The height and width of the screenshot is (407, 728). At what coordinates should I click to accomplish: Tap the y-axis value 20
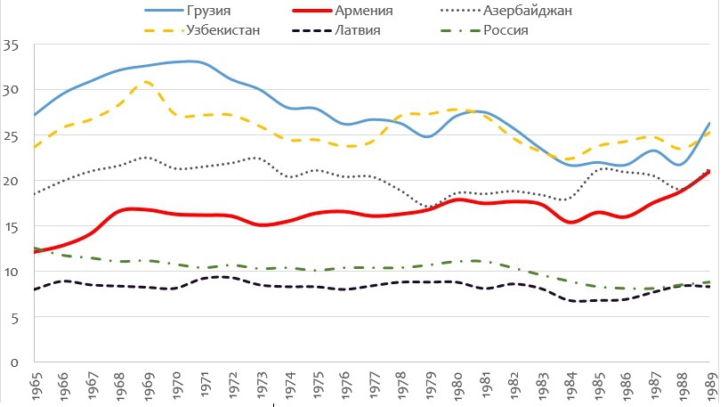[11, 180]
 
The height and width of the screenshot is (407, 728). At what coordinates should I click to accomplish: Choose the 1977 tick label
[374, 384]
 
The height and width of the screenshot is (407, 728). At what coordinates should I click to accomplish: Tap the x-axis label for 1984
[571, 384]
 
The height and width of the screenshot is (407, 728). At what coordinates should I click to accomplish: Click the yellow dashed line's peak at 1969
[148, 82]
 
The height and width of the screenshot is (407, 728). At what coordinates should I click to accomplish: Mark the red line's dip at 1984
[571, 222]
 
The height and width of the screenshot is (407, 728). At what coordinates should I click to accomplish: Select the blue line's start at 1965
[34, 115]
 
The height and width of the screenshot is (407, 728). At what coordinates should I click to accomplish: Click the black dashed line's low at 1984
[571, 301]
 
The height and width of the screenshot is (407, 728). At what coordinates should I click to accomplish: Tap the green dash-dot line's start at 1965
[34, 248]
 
